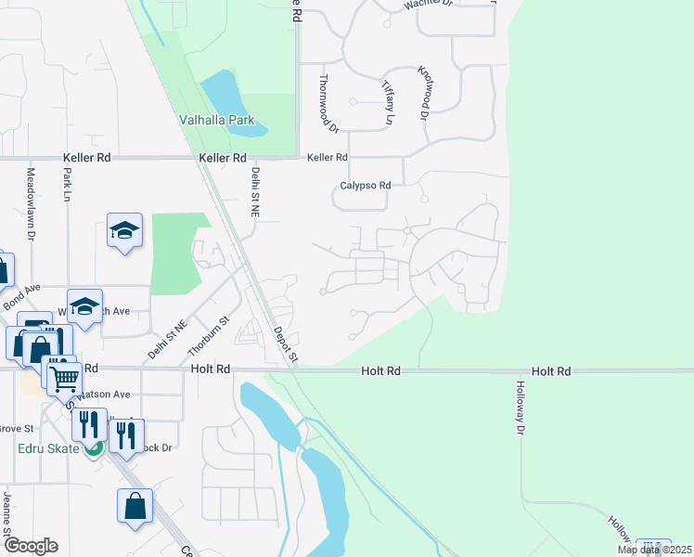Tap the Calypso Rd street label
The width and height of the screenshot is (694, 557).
(x=362, y=186)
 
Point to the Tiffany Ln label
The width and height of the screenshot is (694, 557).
(x=388, y=101)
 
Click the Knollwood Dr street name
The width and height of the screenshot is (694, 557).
(x=424, y=92)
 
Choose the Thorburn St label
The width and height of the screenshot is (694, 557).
(x=209, y=336)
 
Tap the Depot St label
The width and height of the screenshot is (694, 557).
(x=287, y=343)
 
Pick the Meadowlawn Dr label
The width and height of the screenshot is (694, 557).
(x=31, y=204)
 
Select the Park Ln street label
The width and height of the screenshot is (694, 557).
(x=67, y=184)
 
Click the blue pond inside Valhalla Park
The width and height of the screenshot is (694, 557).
(x=232, y=100)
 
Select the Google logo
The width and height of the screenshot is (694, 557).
(x=31, y=546)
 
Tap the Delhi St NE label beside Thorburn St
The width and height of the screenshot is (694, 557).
(x=168, y=339)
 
